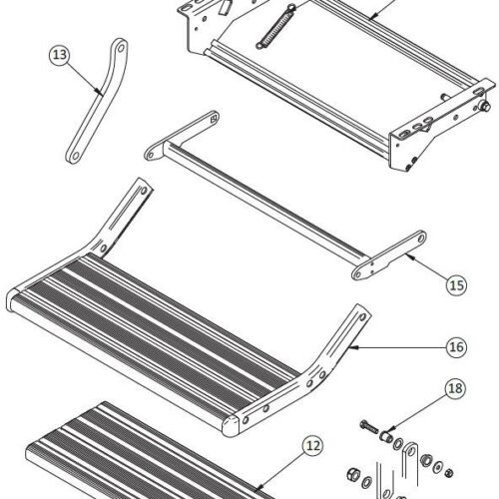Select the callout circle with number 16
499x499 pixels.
(x=454, y=347)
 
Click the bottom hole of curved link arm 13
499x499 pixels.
(x=74, y=153)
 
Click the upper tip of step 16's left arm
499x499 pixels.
(x=142, y=186)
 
